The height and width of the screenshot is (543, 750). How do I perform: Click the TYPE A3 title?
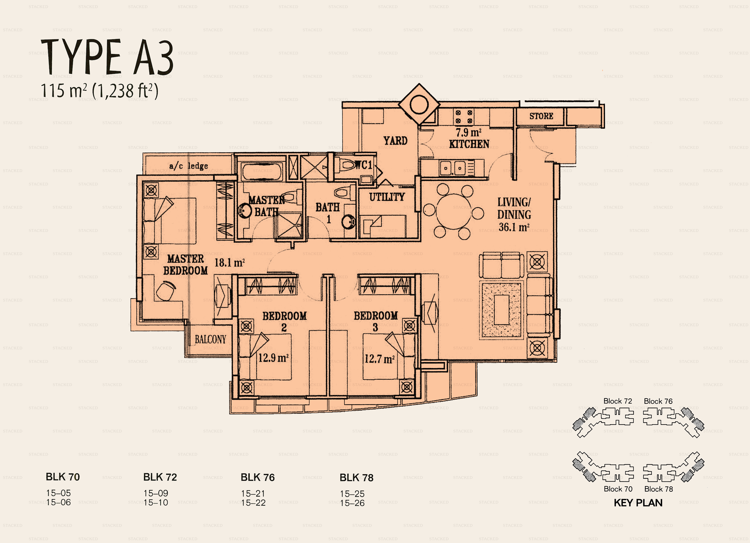[107, 57]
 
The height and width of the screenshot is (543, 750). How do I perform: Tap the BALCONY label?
[210, 339]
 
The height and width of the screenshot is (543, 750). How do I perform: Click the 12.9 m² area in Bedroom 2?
[273, 358]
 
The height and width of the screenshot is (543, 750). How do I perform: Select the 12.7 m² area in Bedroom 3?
[379, 359]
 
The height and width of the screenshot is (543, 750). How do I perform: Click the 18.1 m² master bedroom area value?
[229, 263]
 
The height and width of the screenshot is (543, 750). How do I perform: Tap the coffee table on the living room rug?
[501, 310]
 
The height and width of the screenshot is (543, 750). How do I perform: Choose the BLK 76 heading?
[258, 477]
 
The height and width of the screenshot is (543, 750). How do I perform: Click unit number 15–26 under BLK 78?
[352, 503]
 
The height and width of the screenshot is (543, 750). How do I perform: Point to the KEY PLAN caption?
[638, 503]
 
